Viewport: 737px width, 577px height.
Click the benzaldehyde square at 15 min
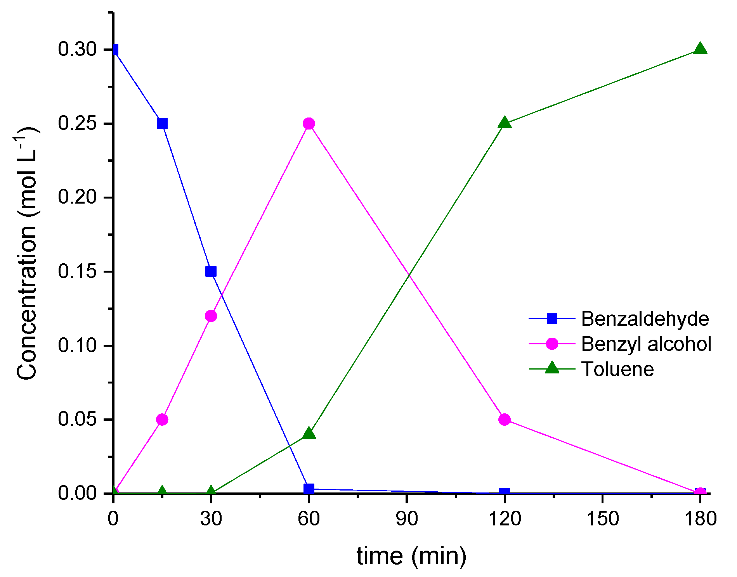coord(162,124)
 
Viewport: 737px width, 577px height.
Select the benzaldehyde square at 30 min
coord(211,271)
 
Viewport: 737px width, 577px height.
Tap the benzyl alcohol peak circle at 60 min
coord(309,124)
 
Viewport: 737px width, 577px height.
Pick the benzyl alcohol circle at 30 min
coord(211,316)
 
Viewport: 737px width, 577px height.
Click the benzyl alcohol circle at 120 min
coord(505,419)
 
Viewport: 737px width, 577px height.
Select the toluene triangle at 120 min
coord(505,123)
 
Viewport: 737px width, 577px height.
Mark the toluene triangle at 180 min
coord(700,49)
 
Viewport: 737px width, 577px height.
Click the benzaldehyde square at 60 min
coord(309,489)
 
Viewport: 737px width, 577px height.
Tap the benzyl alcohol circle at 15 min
coord(162,419)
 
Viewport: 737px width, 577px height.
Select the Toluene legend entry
coord(617,369)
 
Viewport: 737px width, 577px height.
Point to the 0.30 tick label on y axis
coord(77,49)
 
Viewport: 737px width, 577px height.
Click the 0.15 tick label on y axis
coord(77,271)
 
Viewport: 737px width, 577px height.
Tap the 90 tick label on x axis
coord(406,518)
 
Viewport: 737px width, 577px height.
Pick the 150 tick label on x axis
coord(602,518)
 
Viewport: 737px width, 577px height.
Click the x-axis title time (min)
coord(411,556)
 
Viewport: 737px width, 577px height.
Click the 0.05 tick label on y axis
coord(77,419)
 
